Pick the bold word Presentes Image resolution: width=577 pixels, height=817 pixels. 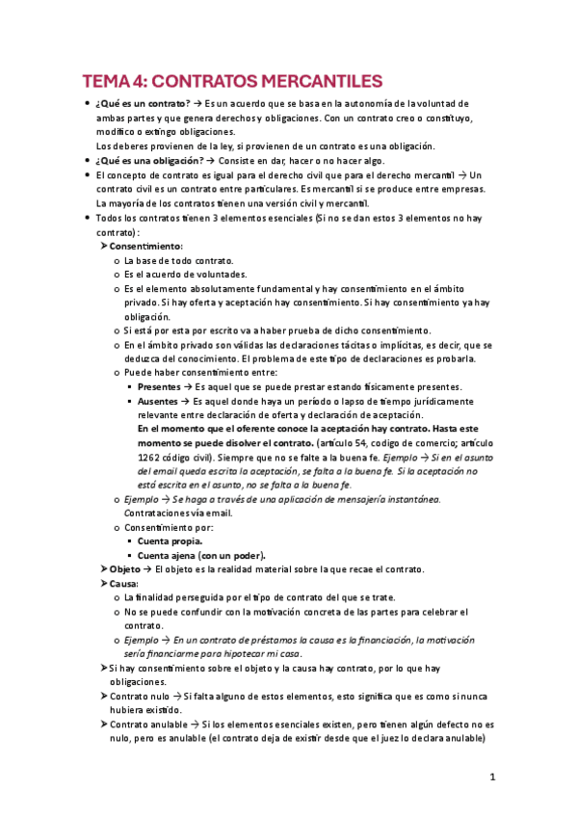point(159,386)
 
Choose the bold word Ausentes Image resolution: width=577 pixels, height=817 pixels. point(158,401)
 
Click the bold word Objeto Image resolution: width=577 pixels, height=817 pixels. point(125,569)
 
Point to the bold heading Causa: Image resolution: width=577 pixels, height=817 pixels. point(124,584)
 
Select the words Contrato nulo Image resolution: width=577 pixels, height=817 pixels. point(143,696)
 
